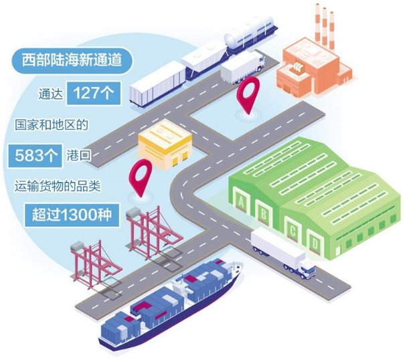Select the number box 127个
coord(95,94)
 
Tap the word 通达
coord(50,95)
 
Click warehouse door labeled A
coord(240,199)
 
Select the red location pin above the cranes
coord(139,175)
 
